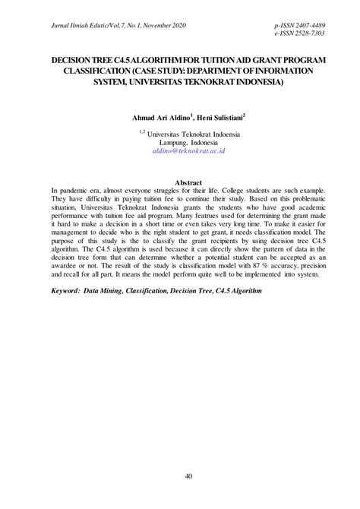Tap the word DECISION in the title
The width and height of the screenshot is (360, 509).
point(74,58)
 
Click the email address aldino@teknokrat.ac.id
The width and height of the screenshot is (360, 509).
point(189,151)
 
